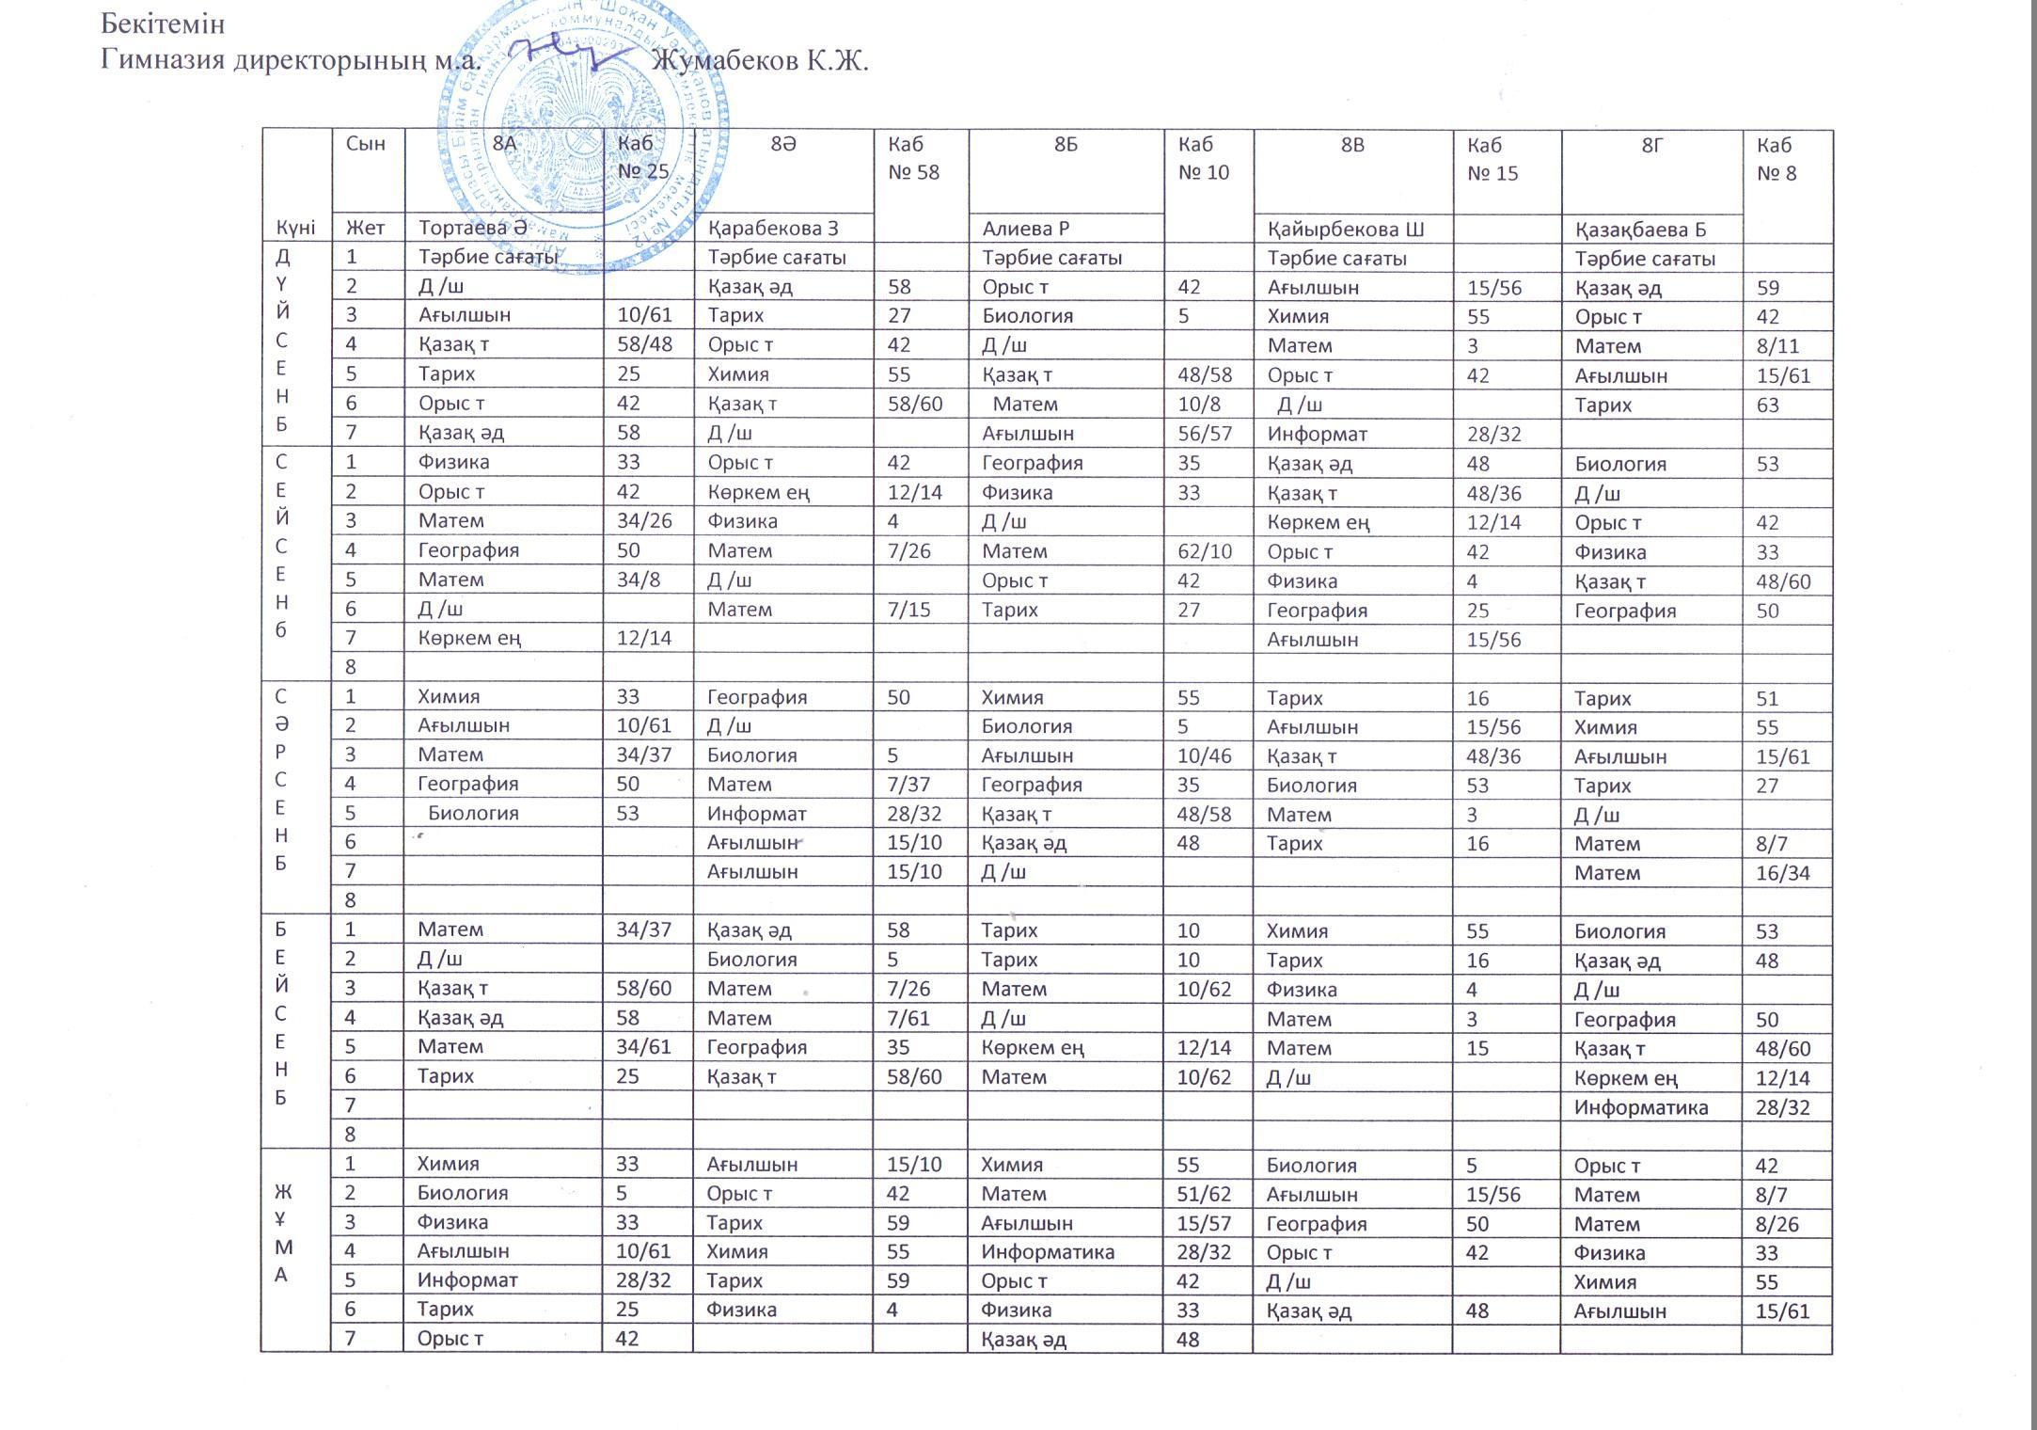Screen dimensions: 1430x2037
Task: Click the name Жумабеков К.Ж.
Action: coord(760,61)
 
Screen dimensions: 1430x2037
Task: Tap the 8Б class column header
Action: coord(1065,144)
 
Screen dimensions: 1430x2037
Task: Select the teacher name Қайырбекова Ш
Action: coord(1346,229)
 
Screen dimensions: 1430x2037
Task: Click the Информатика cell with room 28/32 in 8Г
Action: coord(1641,1107)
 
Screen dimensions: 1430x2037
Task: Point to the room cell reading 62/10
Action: coord(1205,551)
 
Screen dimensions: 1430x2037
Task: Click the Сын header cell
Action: coord(366,144)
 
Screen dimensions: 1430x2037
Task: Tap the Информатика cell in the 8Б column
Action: coord(1048,1252)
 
